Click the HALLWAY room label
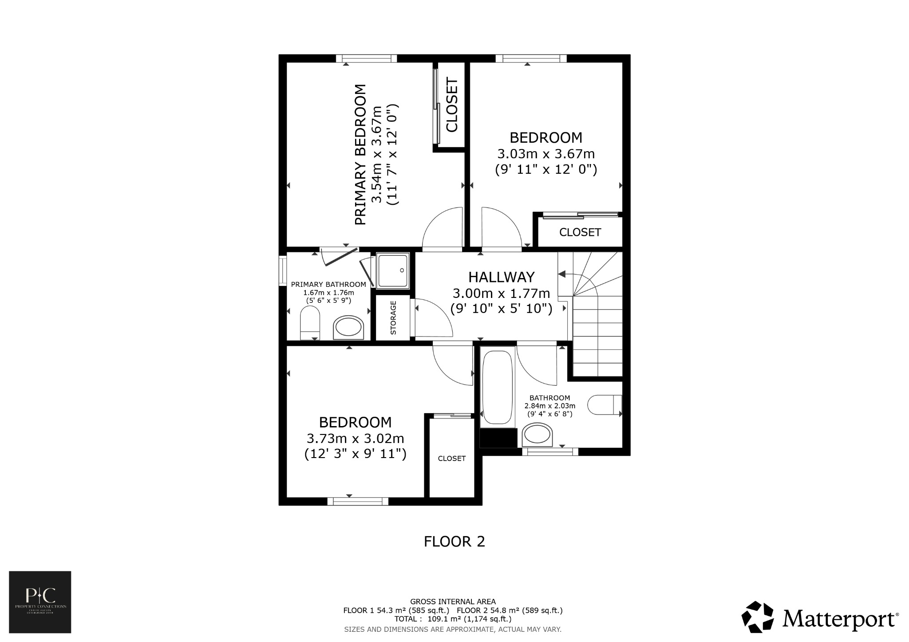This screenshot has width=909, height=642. pos(502,277)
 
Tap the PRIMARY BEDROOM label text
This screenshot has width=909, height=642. pos(361,155)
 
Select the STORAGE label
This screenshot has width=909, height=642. pos(393,317)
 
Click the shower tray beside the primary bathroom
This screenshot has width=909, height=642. pos(392,270)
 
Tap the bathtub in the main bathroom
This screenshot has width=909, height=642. pos(498,387)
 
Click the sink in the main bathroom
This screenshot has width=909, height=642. pos(537,435)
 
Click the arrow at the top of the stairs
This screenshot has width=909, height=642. pos(562,274)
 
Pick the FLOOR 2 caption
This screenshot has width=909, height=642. pos(454,542)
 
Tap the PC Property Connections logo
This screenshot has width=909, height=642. pos(40,602)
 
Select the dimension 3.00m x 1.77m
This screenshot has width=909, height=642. pos(501,294)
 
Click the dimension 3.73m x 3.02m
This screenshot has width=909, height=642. pos(355,438)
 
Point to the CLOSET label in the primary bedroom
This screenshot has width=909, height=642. pos(451,105)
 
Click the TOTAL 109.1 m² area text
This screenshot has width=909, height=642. pos(453,619)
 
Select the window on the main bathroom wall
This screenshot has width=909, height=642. pos(550,452)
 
